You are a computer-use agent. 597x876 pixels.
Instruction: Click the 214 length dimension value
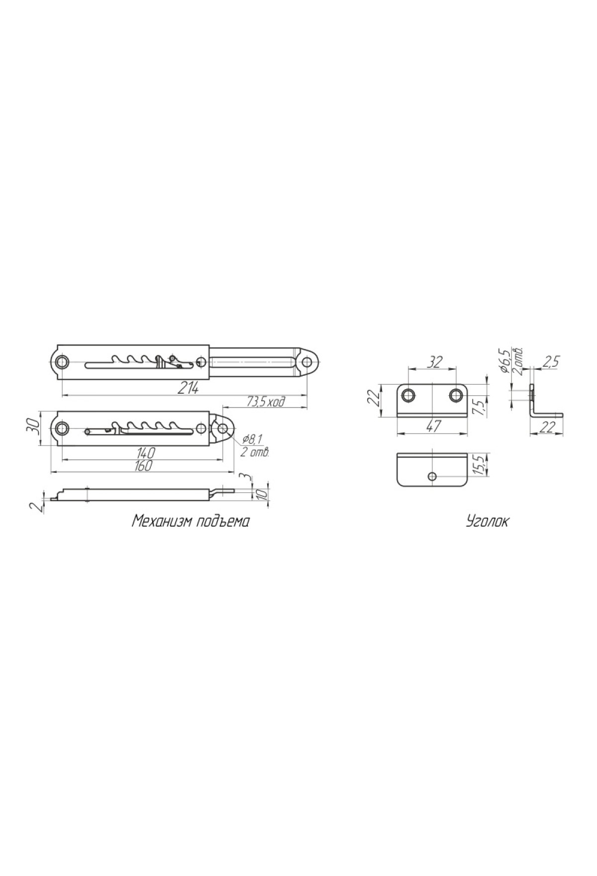188,388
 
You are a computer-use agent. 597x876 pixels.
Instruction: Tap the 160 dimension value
143,465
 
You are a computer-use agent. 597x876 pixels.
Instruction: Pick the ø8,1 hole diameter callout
252,439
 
